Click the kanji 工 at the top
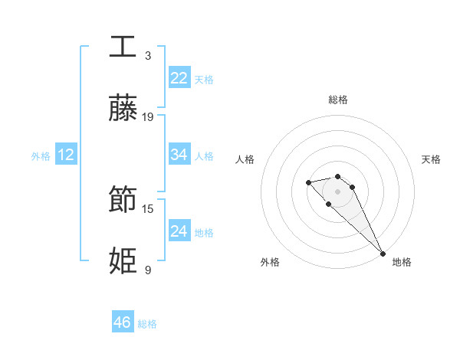123,47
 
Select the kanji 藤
123,109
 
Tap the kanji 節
123,200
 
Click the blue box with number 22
179,78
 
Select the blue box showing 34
179,155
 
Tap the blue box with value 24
179,231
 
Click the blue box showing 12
66,155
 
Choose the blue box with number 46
123,322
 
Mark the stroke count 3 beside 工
148,55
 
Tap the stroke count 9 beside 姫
148,270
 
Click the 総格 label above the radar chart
338,100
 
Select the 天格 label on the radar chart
432,159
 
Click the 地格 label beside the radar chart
402,262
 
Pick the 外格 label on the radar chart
270,262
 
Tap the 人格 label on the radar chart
245,159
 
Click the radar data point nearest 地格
383,253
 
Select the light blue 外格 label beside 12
40,156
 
